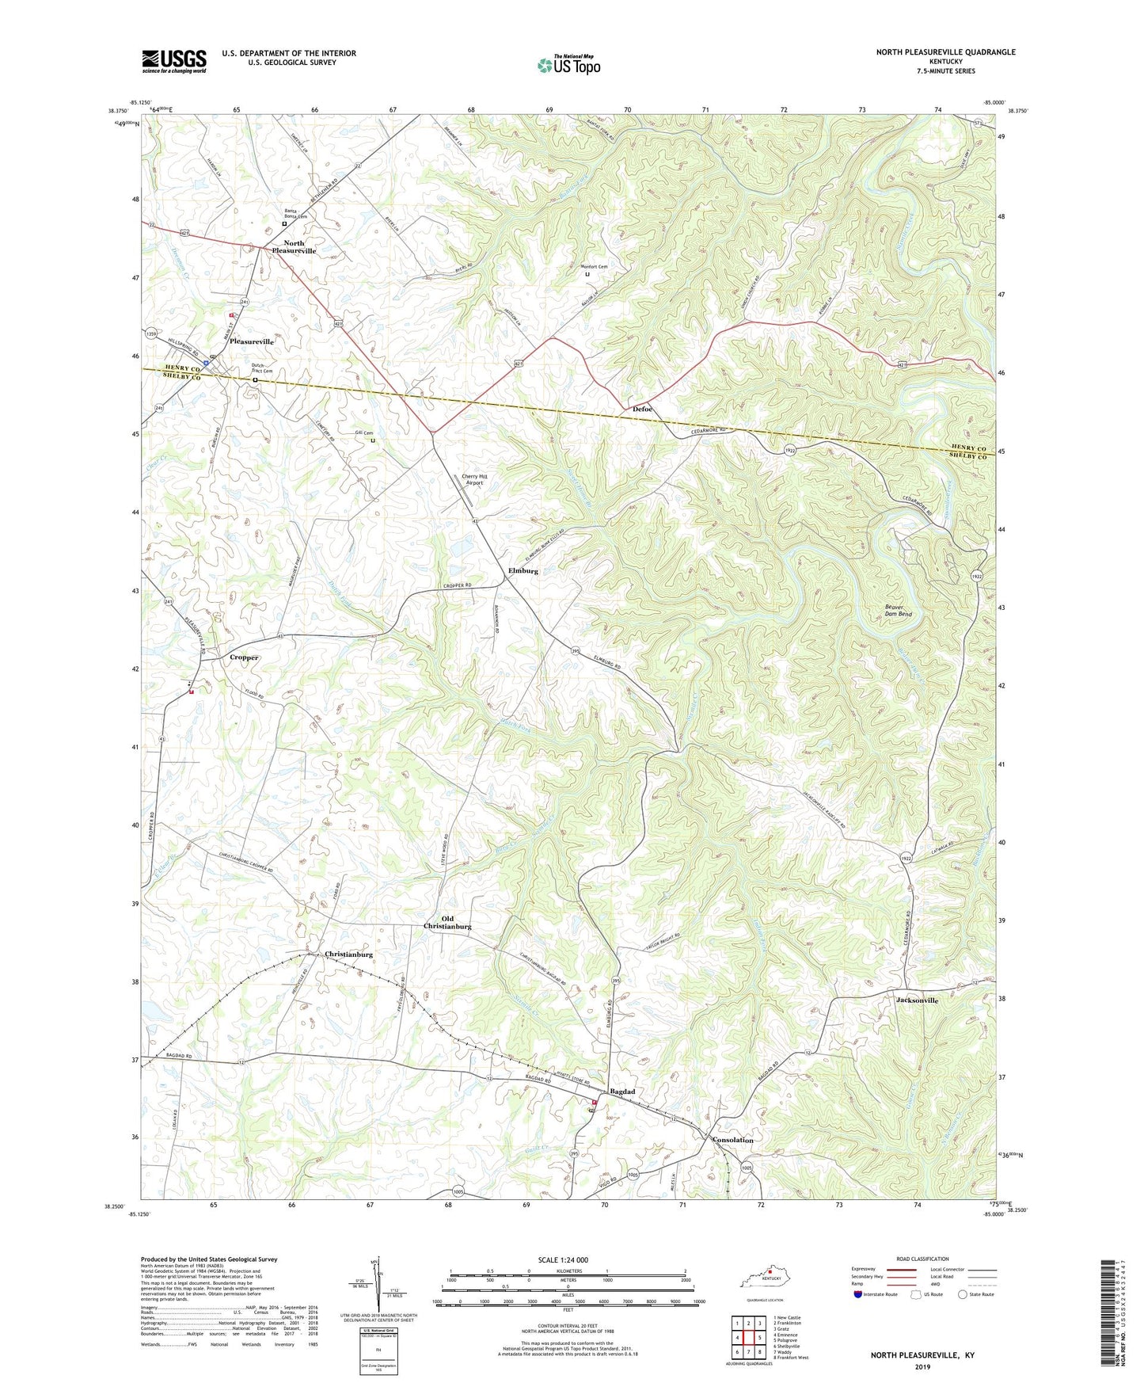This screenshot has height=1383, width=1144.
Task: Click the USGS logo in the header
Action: pyautogui.click(x=174, y=61)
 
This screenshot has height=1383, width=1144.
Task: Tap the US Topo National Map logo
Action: pyautogui.click(x=568, y=64)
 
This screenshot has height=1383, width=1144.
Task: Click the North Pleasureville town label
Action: pyautogui.click(x=294, y=247)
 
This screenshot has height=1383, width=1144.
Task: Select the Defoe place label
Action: pyautogui.click(x=642, y=409)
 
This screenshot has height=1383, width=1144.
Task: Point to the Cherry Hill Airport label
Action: pyautogui.click(x=473, y=479)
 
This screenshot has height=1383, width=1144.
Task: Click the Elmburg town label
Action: pyautogui.click(x=523, y=571)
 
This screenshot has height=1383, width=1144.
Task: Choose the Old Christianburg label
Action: pyautogui.click(x=447, y=922)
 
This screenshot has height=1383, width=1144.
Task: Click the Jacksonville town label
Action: pyautogui.click(x=917, y=1000)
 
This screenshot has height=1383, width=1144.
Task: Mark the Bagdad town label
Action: pyautogui.click(x=621, y=1092)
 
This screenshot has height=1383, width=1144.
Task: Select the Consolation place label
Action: pyautogui.click(x=732, y=1140)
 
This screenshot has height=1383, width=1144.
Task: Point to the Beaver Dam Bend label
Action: pyautogui.click(x=898, y=611)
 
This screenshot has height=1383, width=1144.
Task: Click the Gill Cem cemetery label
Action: pyautogui.click(x=363, y=433)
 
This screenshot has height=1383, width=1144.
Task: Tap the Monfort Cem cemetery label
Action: pyautogui.click(x=592, y=267)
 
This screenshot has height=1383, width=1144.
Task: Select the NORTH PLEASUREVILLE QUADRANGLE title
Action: pyautogui.click(x=945, y=52)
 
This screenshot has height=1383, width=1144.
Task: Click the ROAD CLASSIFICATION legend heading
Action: pyautogui.click(x=922, y=1259)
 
